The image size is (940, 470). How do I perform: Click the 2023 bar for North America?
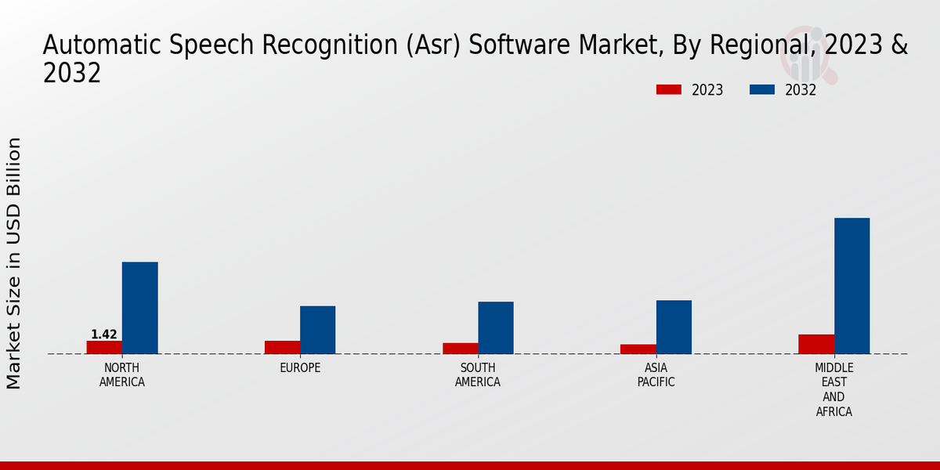[104, 347]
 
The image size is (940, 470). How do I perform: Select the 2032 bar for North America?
[139, 308]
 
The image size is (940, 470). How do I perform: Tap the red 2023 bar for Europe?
[282, 347]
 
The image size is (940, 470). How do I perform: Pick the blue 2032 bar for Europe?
[317, 330]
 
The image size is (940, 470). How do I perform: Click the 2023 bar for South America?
[460, 349]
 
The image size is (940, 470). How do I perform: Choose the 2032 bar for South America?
[496, 327]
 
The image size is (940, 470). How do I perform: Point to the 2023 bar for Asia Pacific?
[638, 349]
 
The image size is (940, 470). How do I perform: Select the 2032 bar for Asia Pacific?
[674, 327]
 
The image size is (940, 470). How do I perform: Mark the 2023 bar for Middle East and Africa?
[816, 344]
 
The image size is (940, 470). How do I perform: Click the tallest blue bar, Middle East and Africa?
[851, 286]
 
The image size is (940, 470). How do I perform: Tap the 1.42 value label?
[104, 334]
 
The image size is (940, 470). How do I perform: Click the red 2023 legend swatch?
[669, 90]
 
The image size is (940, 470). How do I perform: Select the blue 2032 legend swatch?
[762, 90]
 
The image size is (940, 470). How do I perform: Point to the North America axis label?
[122, 375]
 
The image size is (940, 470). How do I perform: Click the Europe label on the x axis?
[300, 368]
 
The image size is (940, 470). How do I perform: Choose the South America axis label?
[478, 375]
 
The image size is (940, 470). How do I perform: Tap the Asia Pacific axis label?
[656, 375]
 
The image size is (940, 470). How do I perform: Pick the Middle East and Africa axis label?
[833, 389]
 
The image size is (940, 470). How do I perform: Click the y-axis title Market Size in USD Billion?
[14, 263]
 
